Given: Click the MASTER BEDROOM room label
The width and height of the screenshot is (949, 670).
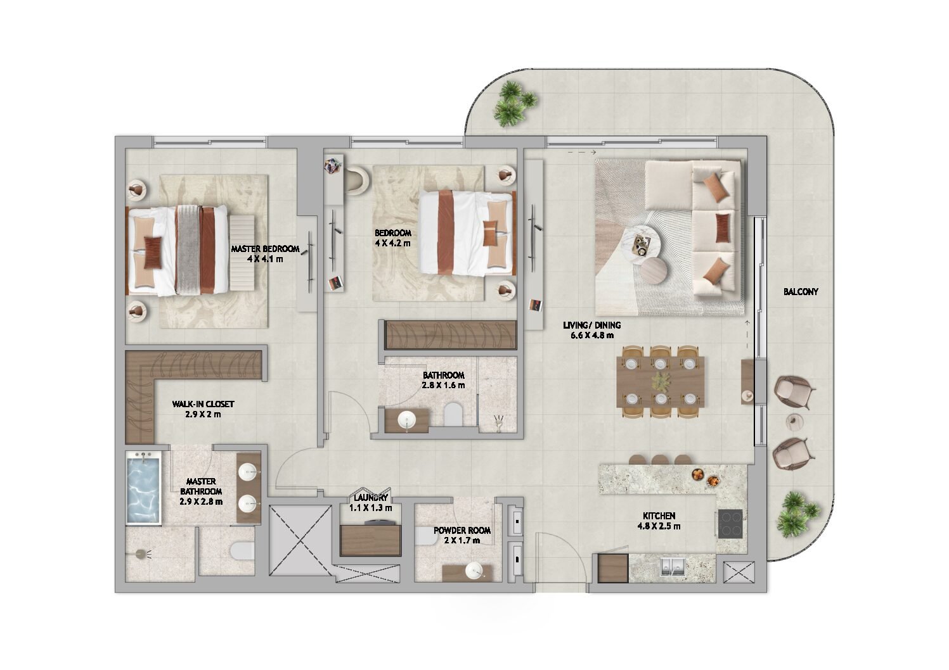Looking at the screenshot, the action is point(265,249).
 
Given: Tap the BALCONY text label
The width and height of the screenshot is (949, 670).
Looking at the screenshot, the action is point(800,291).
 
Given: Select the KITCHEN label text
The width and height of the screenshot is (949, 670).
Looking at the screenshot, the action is point(659,516).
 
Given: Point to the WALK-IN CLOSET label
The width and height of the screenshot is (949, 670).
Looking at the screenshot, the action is point(203,404).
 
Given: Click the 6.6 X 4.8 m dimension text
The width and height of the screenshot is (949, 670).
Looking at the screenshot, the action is point(592,336).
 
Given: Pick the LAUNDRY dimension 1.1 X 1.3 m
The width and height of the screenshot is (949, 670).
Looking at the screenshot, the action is point(370,507).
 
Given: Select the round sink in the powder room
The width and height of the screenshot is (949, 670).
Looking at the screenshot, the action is point(474,571).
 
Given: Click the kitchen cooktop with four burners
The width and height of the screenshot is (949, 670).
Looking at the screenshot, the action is point(730,523).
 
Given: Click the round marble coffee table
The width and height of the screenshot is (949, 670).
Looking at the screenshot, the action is point(643,246).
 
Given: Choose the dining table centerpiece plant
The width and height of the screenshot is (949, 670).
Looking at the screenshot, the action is point(661,381).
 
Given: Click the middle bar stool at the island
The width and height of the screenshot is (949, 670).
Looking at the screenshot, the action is point(660,460).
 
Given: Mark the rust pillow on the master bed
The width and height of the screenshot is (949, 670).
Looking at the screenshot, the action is point(153,253).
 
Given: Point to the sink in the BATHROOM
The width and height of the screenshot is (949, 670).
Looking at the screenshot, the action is point(408,420).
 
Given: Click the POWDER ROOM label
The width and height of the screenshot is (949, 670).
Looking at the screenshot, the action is point(462,530).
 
